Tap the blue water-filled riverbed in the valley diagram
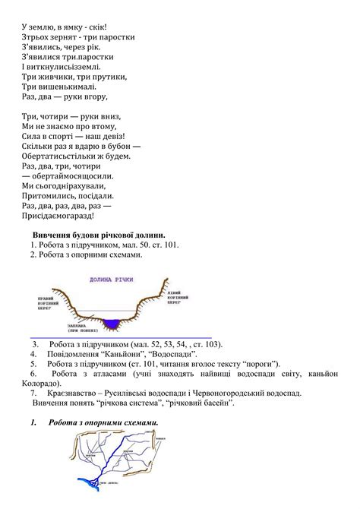pos(112,324)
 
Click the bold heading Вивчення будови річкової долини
pos(99,235)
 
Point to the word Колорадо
pos(45,384)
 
